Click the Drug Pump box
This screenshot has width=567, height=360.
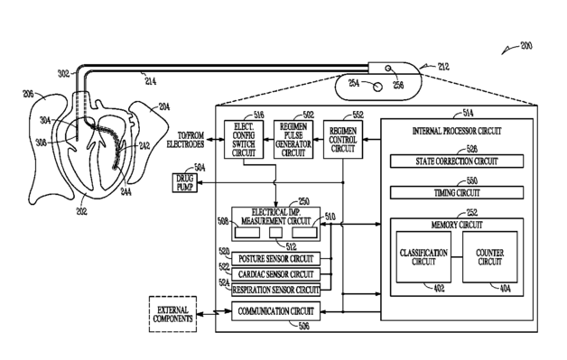[x=185, y=183]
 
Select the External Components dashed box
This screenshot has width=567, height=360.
[x=172, y=314]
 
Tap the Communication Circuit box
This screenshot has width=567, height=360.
[x=275, y=311]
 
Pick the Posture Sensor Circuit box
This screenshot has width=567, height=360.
[x=275, y=259]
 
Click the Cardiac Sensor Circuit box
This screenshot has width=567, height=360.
[x=275, y=274]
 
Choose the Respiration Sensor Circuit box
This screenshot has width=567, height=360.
[x=275, y=290]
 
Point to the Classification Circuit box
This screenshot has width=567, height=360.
[x=423, y=257]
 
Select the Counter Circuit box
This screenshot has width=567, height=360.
[x=490, y=257]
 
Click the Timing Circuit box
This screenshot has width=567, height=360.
[x=457, y=193]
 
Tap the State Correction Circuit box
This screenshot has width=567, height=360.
[x=457, y=162]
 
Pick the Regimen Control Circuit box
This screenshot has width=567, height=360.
[x=343, y=140]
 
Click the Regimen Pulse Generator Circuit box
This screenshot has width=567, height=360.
[x=293, y=140]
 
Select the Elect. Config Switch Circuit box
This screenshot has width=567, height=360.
[x=244, y=140]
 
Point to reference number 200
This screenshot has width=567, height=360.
[x=526, y=46]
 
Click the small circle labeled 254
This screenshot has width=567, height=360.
[x=377, y=87]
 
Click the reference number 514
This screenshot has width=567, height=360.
[x=468, y=113]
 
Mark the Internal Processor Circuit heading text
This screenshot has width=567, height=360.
[x=457, y=131]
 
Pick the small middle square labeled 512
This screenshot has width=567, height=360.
[x=275, y=233]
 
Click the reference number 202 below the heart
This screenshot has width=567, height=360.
[x=82, y=211]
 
